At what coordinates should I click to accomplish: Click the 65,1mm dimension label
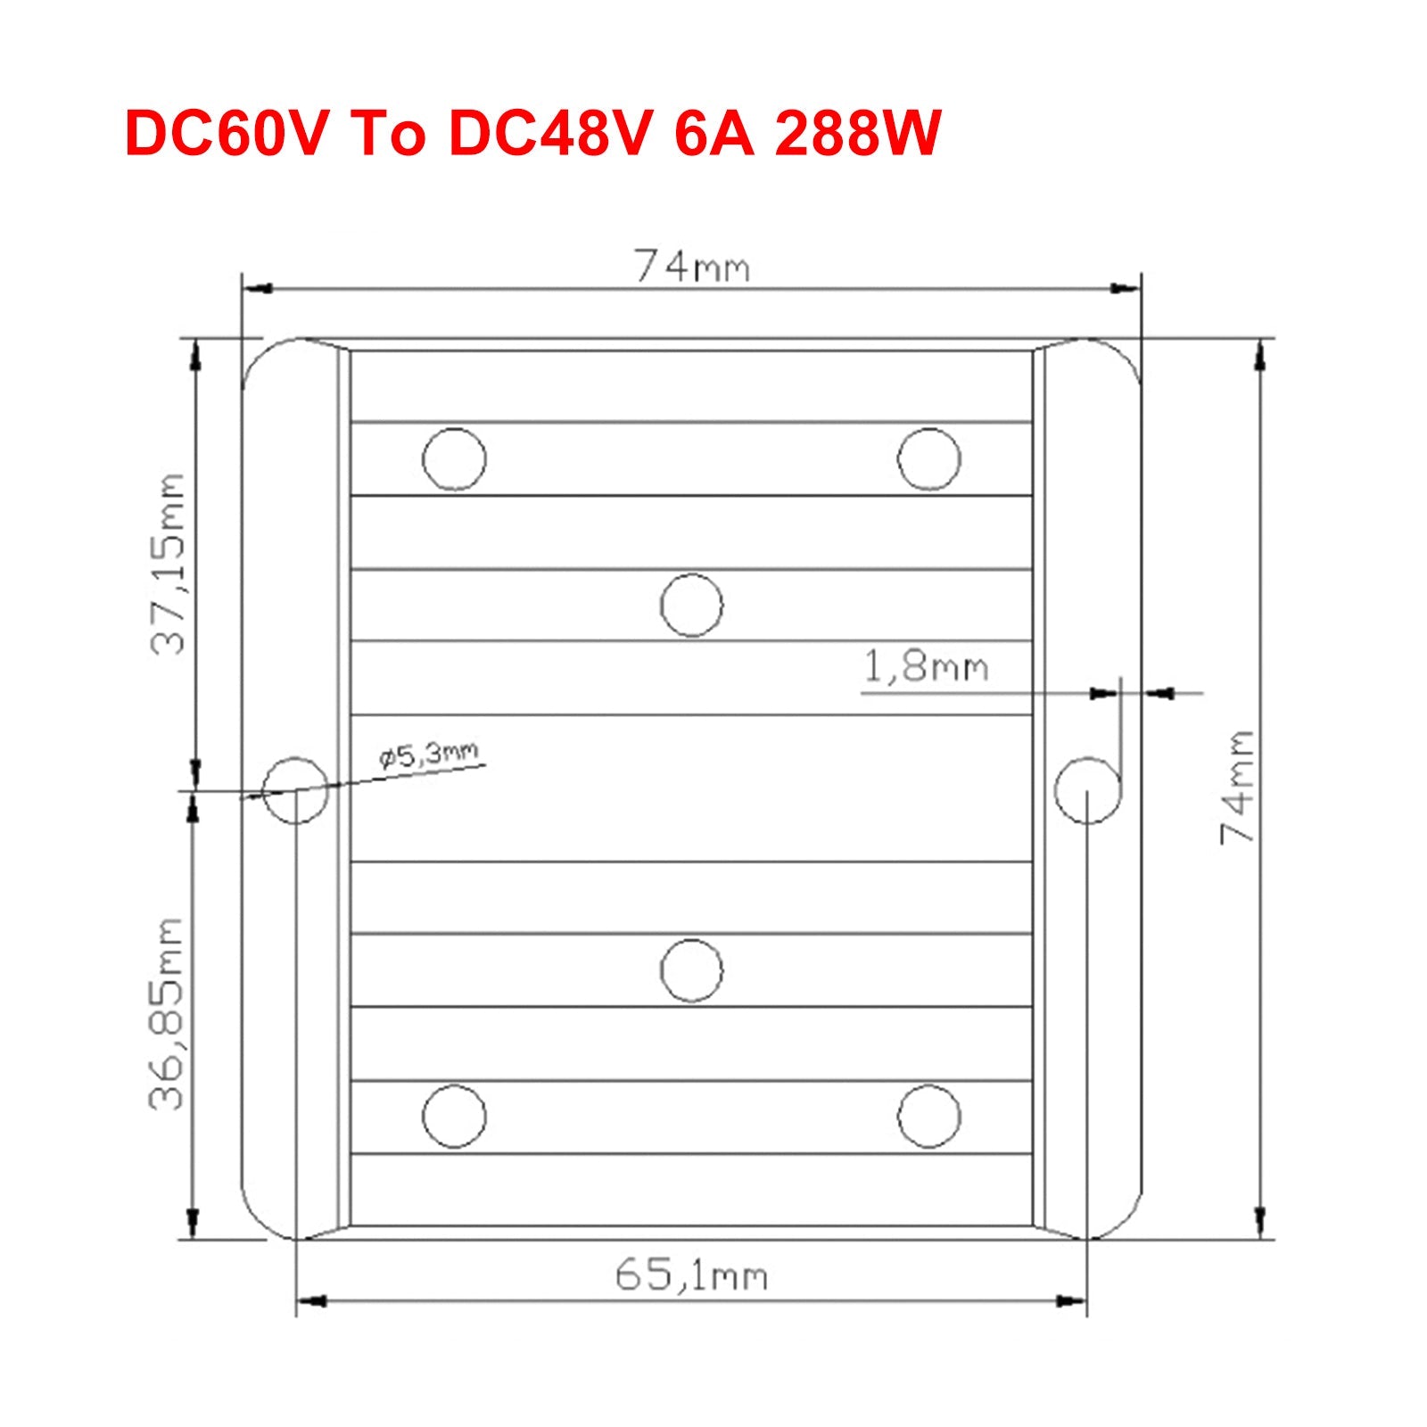click(691, 1276)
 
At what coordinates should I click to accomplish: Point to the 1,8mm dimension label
click(926, 667)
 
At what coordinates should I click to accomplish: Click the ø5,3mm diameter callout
click(429, 756)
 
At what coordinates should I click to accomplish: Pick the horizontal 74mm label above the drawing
click(691, 266)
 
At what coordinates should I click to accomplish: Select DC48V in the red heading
click(547, 135)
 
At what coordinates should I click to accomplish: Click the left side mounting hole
click(296, 790)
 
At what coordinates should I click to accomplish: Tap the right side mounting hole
click(1087, 790)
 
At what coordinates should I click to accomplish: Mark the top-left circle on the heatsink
click(454, 459)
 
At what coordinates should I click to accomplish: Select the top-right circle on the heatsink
click(928, 459)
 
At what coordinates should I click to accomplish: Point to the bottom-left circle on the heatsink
click(454, 1116)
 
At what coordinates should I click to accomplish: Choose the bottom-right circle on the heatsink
click(928, 1116)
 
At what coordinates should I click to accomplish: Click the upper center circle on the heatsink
click(692, 605)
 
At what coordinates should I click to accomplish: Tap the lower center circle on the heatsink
click(692, 970)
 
